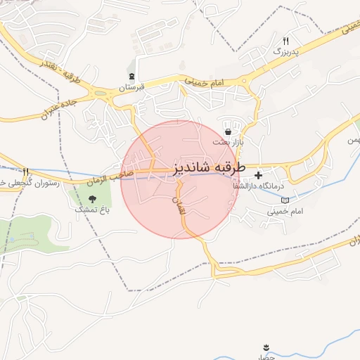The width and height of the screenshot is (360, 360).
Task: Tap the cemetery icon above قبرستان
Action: (131, 77)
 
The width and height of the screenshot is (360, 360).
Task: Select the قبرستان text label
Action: (131, 87)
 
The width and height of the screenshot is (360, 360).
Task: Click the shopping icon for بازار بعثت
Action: (228, 131)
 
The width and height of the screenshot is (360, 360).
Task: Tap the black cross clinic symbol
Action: (259, 175)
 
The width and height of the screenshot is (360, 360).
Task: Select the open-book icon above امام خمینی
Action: (285, 201)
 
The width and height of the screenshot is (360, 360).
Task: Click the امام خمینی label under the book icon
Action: (285, 211)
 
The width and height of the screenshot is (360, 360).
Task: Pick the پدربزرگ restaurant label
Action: (285, 52)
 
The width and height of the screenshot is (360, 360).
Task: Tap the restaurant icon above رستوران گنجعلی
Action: (26, 171)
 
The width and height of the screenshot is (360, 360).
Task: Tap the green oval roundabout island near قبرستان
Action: (101, 92)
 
